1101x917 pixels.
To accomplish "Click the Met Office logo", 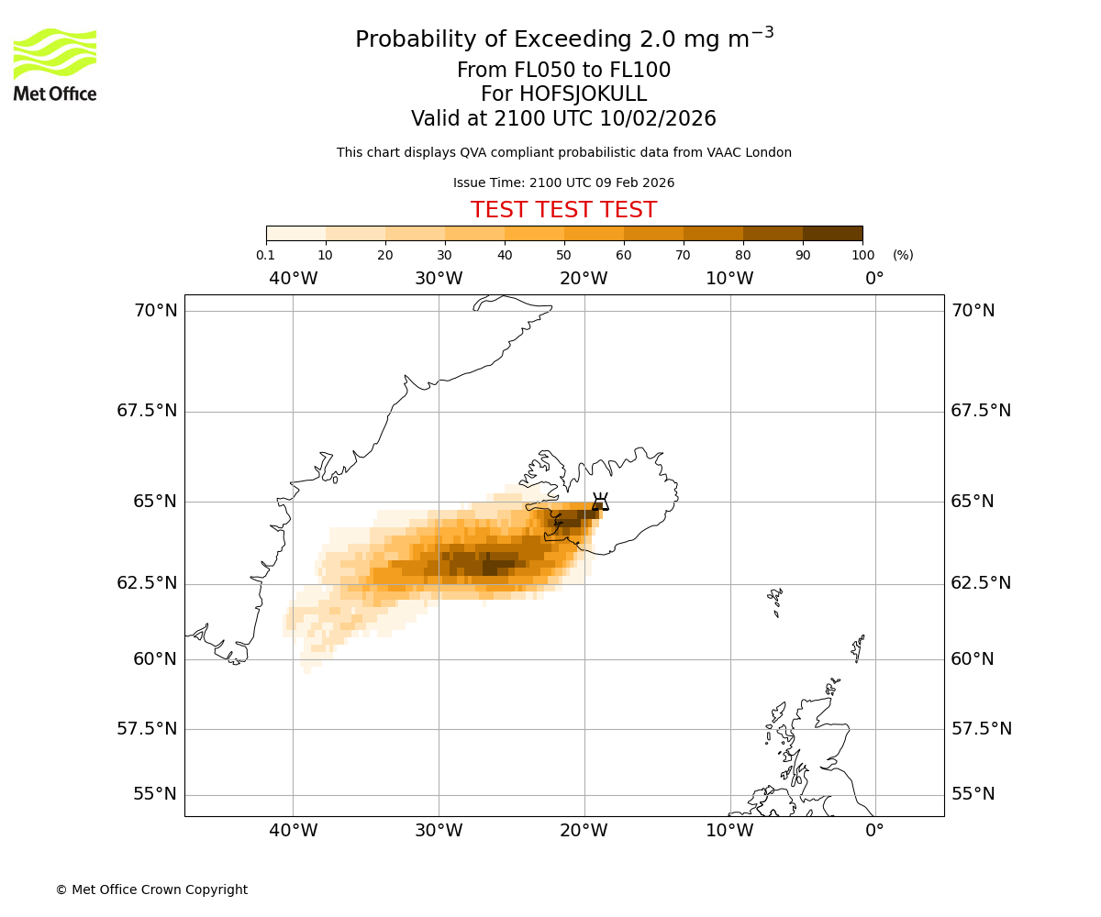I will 55,64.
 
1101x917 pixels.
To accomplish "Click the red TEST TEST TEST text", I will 563,210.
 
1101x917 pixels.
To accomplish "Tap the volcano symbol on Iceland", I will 600,502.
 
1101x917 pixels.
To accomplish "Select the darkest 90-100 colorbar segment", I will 832,234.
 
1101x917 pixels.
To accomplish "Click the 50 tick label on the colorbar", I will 563,255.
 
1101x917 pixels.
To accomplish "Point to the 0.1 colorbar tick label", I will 265,255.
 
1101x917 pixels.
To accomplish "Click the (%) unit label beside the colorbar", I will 903,255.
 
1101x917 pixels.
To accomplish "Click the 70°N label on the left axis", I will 156,311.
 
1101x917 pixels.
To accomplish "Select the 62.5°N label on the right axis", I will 980,583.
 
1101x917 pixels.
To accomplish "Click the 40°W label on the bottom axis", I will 293,831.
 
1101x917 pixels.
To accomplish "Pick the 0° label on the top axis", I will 874,279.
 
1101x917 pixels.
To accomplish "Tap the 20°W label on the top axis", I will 584,279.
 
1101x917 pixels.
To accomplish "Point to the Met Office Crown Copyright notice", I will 151,889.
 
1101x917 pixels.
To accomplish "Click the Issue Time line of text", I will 563,182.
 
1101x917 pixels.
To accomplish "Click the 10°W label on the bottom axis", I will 729,831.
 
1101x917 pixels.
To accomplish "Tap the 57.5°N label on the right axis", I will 980,729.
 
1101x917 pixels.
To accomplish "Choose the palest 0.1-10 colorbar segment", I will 296,234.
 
